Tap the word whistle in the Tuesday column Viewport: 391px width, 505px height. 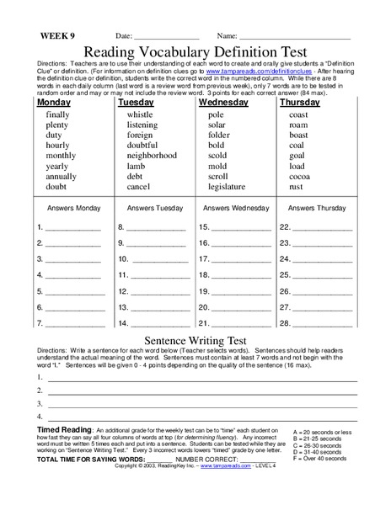coord(140,114)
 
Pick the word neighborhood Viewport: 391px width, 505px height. coord(152,156)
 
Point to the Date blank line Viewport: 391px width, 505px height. coord(169,39)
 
